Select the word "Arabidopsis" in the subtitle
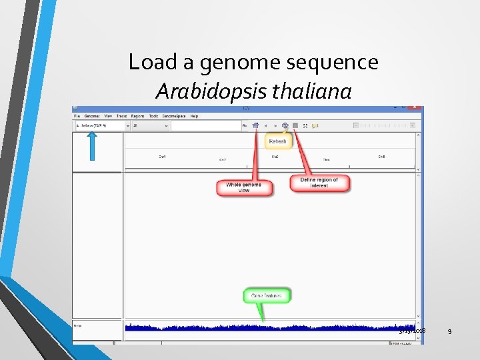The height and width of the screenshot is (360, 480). tap(213, 91)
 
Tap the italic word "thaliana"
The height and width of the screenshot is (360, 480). tap(312, 91)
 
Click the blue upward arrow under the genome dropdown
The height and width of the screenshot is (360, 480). tap(92, 145)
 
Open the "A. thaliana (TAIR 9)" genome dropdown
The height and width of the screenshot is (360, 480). tap(101, 125)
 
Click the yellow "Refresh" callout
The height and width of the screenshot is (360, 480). tap(277, 141)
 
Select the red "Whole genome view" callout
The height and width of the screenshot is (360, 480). tap(244, 187)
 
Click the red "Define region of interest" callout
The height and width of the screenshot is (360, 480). tap(319, 183)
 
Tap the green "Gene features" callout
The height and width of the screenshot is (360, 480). tap(267, 295)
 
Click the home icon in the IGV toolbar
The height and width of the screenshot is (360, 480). tap(255, 125)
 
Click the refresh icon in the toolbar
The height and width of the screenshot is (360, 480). tap(285, 125)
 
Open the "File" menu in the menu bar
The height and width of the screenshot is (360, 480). tap(77, 116)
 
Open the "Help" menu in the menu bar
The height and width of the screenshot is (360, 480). tap(194, 116)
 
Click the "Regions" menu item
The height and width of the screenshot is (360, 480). tap(138, 116)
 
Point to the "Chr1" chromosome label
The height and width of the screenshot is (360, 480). tap(162, 157)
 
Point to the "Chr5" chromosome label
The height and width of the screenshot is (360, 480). tap(381, 157)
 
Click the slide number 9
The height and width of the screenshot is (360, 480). tap(449, 331)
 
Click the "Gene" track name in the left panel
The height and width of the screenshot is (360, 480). tap(78, 326)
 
